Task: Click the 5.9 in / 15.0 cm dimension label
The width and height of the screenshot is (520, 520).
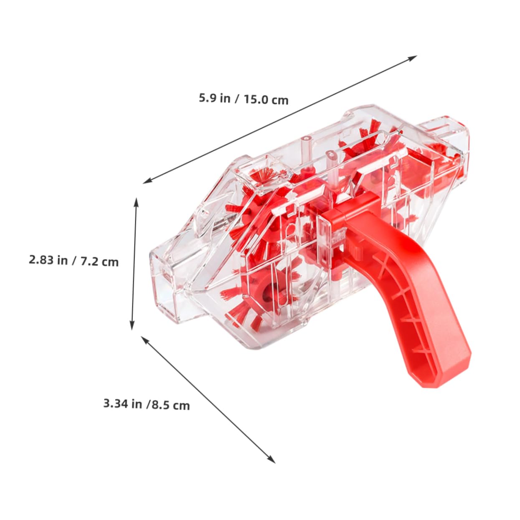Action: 244,99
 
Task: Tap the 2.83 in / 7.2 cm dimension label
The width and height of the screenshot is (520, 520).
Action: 74,261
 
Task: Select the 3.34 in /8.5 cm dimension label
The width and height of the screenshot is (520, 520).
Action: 146,404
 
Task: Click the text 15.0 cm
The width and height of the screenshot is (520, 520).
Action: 266,100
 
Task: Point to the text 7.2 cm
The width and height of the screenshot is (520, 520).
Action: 99,262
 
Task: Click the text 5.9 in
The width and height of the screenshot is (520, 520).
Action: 214,98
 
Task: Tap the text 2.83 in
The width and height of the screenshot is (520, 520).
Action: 48,260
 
